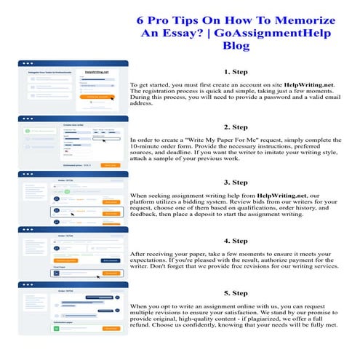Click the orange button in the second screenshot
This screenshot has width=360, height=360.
coord(110,165)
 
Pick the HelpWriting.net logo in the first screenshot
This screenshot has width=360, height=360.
coord(96,73)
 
